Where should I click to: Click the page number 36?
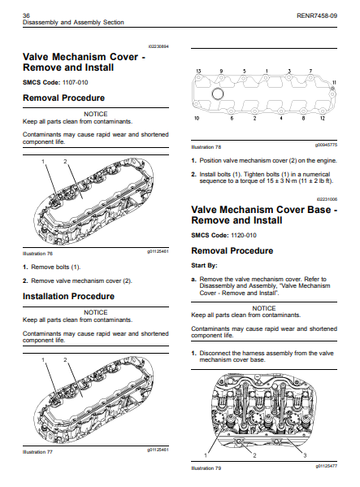27,15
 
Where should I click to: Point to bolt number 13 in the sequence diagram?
198,72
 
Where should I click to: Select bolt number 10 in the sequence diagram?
197,120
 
